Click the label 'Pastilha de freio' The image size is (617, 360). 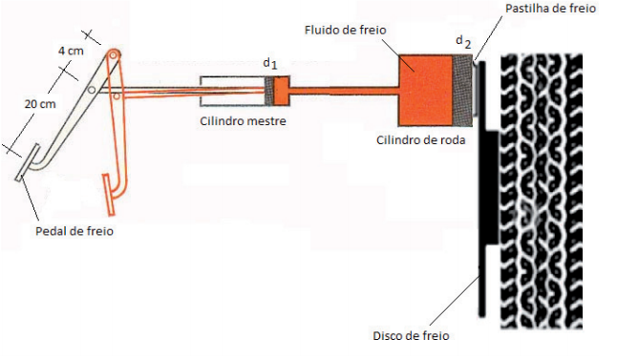(549, 8)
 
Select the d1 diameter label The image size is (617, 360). (270, 64)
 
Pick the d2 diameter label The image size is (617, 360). (463, 41)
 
